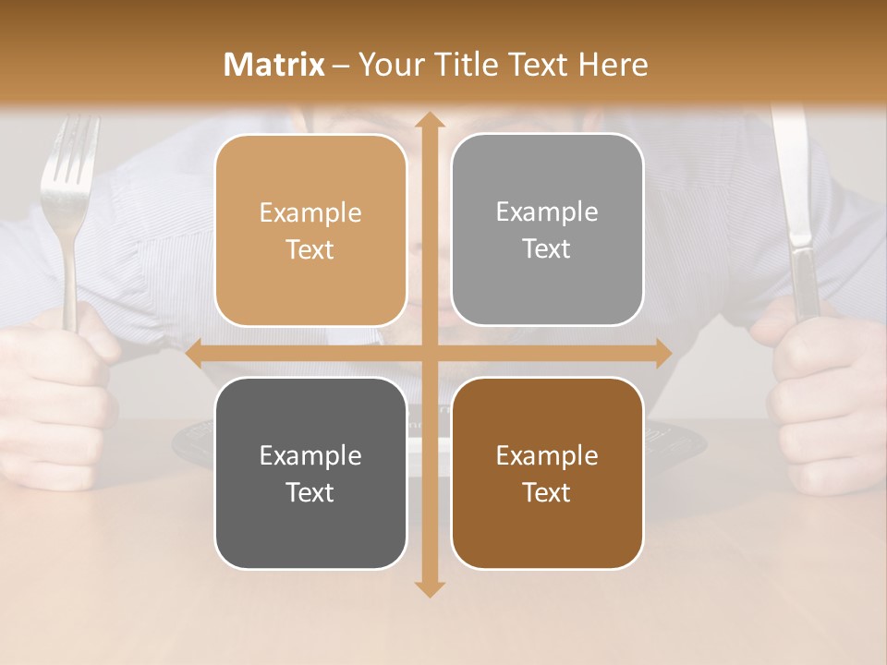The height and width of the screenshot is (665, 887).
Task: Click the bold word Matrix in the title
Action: (274, 65)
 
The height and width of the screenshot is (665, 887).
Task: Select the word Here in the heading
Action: (613, 65)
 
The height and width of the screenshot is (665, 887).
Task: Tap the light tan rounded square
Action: (310, 230)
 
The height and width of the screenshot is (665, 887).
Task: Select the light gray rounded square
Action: (547, 229)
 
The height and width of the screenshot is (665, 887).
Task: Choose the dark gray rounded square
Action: (310, 473)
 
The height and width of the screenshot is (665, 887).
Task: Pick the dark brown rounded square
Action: (547, 473)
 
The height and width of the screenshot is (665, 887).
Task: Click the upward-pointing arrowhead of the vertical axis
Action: (429, 121)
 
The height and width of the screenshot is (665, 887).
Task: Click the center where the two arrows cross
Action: (429, 354)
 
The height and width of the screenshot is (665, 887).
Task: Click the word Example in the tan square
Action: (310, 213)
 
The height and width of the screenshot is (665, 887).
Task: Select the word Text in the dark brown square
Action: (547, 492)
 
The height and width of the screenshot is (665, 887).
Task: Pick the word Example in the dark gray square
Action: (310, 455)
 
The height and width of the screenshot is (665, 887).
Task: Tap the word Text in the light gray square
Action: (547, 248)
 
